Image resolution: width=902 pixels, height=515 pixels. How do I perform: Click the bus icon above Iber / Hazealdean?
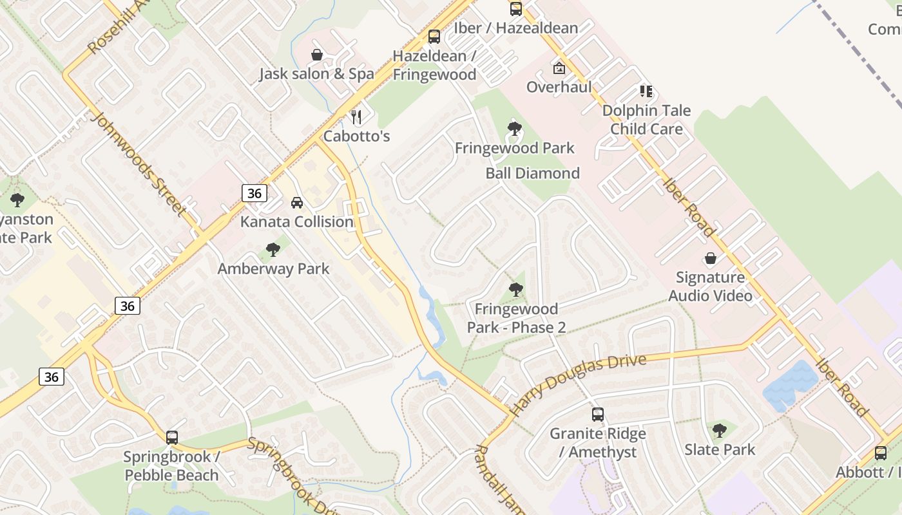[x=515, y=9]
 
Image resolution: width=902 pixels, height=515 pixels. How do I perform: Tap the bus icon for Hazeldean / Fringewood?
[x=434, y=37]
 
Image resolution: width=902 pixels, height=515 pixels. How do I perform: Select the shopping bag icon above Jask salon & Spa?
[x=316, y=55]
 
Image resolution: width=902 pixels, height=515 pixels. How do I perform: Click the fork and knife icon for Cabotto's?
[x=356, y=117]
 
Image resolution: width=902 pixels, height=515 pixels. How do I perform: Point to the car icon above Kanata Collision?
[x=296, y=203]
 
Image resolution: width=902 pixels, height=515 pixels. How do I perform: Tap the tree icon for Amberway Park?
[x=273, y=250]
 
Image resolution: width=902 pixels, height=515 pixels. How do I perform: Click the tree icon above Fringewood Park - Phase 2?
[x=515, y=290]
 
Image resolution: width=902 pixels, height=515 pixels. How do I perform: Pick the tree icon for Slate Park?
[x=720, y=431]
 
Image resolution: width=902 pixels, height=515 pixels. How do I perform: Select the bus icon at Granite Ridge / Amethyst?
[x=598, y=415]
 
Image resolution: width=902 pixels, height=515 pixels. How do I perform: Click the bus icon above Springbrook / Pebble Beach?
[x=172, y=438]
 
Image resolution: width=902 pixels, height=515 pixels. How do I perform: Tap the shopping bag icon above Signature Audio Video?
[x=710, y=259]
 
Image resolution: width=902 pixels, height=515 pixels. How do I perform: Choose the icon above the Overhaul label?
[x=559, y=68]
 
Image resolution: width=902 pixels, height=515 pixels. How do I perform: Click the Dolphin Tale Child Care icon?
[x=646, y=91]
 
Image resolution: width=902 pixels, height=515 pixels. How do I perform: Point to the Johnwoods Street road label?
[x=139, y=164]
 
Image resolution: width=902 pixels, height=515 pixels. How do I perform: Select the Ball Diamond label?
[x=532, y=173]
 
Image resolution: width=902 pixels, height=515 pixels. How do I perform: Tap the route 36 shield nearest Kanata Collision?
[x=255, y=192]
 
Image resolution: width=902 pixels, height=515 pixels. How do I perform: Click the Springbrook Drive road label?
[x=293, y=476]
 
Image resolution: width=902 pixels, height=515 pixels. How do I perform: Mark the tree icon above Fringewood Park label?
[x=514, y=129]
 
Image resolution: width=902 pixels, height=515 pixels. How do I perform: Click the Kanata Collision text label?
[x=296, y=222]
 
